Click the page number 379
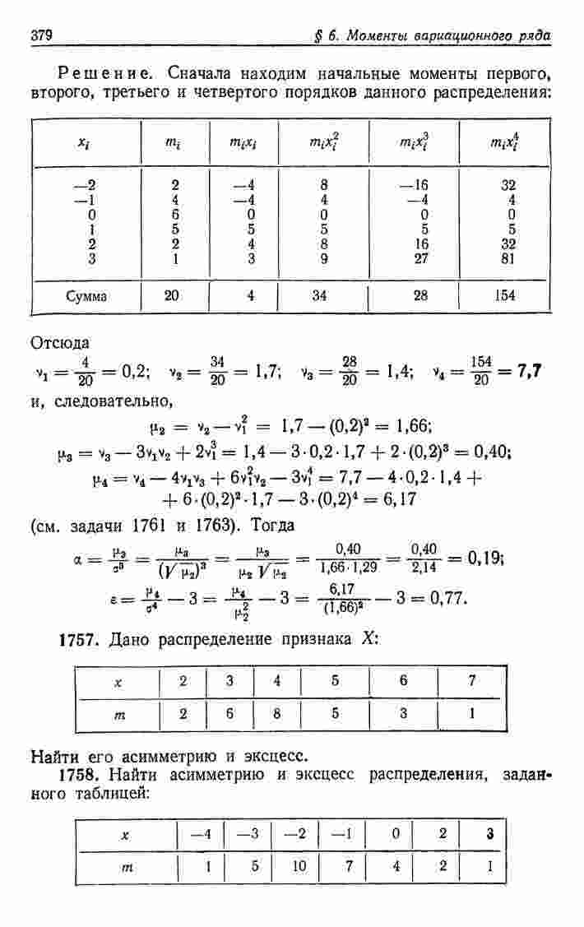pos(42,37)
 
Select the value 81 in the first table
pos(508,258)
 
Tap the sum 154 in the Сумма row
pos(506,295)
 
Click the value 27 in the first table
pos(420,258)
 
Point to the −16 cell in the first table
pos(417,185)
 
